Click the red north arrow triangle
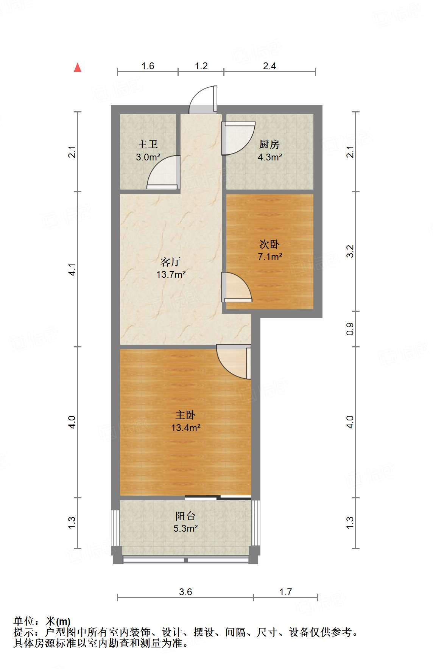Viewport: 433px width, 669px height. pyautogui.click(x=78, y=67)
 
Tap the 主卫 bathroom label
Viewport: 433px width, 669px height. pyautogui.click(x=148, y=144)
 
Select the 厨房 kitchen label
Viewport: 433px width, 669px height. pyautogui.click(x=269, y=144)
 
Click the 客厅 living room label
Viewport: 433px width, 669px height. pyautogui.click(x=171, y=261)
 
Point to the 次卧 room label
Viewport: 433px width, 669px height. pyautogui.click(x=269, y=244)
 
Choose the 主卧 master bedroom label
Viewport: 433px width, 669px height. pyautogui.click(x=185, y=415)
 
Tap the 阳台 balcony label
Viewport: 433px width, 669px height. pyautogui.click(x=185, y=516)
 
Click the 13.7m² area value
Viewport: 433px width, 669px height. pyautogui.click(x=171, y=274)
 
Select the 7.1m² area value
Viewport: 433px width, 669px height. pyautogui.click(x=270, y=257)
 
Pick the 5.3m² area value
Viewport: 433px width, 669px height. pyautogui.click(x=185, y=528)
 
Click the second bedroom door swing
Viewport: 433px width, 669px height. pyautogui.click(x=237, y=287)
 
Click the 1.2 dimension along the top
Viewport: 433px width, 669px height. pyautogui.click(x=201, y=66)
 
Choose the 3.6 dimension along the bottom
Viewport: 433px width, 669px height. pyautogui.click(x=185, y=592)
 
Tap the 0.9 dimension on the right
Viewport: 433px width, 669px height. pyautogui.click(x=350, y=328)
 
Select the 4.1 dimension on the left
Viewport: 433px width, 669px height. pyautogui.click(x=72, y=269)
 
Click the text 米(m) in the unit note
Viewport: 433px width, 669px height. pyautogui.click(x=58, y=621)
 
